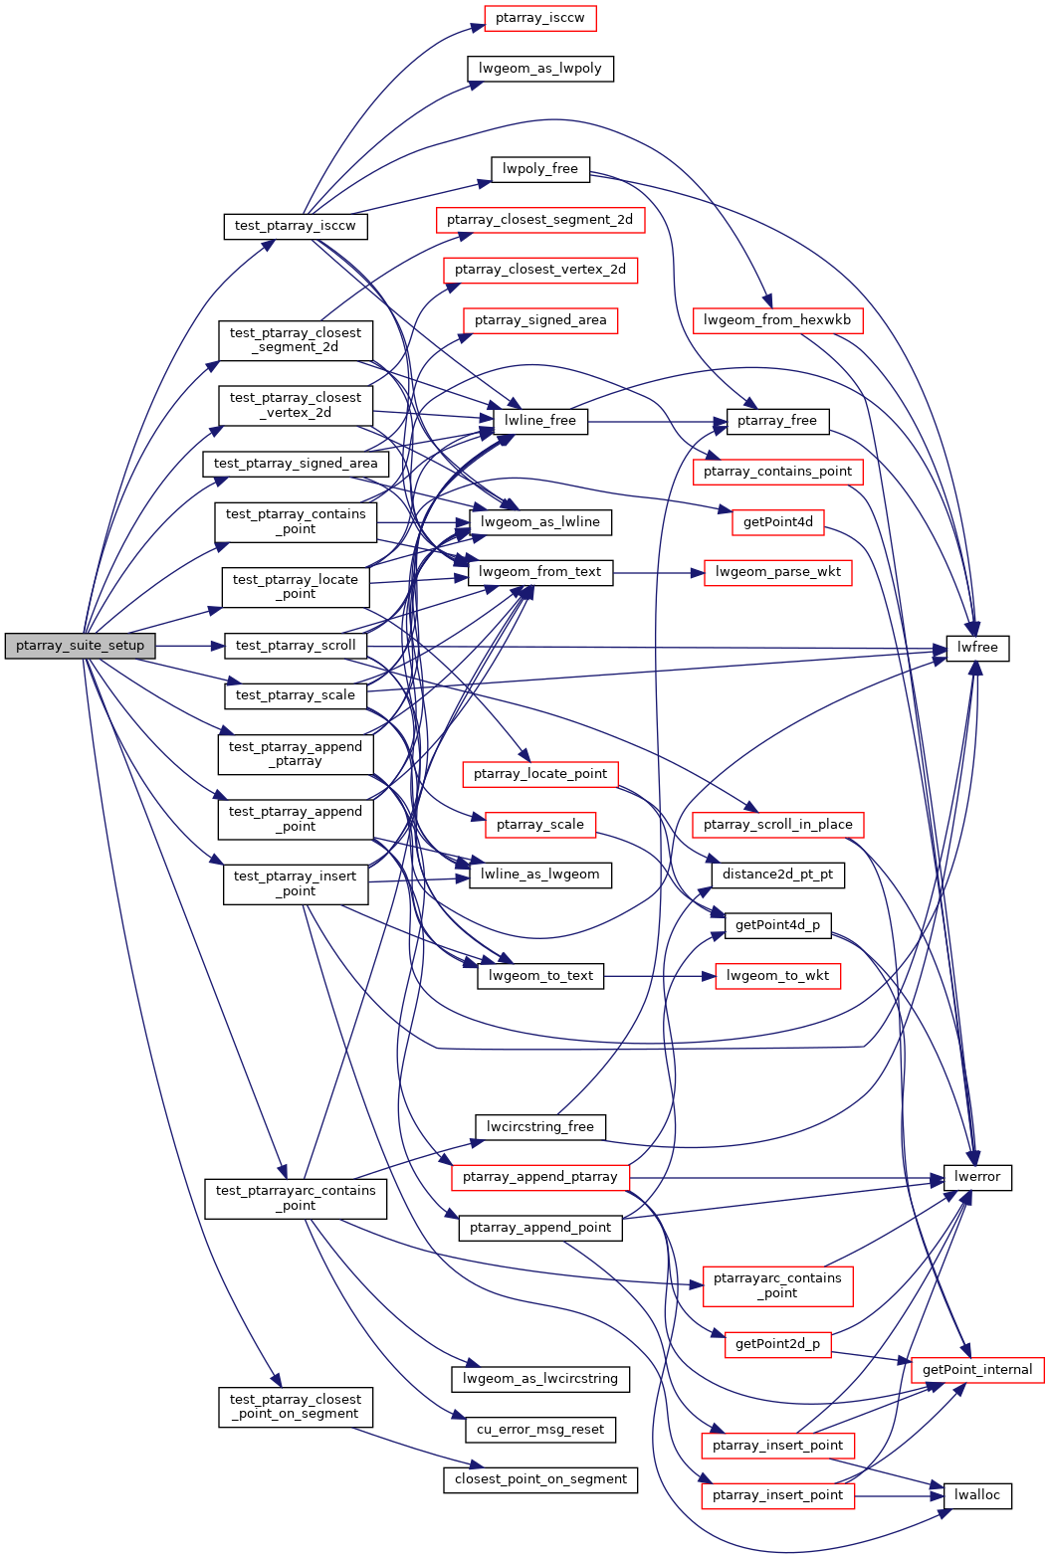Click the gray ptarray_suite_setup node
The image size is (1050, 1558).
click(80, 646)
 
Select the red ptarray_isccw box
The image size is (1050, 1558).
click(539, 18)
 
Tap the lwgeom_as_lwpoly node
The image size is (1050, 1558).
click(539, 69)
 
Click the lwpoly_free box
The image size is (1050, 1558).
click(539, 169)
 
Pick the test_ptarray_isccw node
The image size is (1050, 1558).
click(295, 226)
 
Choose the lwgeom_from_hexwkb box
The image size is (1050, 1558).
click(777, 320)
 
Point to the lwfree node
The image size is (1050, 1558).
click(977, 648)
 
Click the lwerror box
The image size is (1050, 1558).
click(977, 1177)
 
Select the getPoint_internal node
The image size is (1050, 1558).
click(977, 1370)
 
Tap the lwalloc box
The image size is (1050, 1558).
click(977, 1495)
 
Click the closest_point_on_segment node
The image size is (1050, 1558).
click(540, 1479)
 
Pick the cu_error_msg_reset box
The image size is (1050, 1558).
click(540, 1430)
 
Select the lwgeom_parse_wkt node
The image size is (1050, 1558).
click(777, 572)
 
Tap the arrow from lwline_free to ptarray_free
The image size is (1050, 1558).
click(657, 422)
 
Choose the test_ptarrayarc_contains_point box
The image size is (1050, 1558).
click(296, 1198)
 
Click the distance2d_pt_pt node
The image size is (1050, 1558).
click(777, 875)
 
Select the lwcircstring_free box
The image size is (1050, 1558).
click(539, 1127)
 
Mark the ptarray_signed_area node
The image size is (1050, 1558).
click(539, 320)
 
